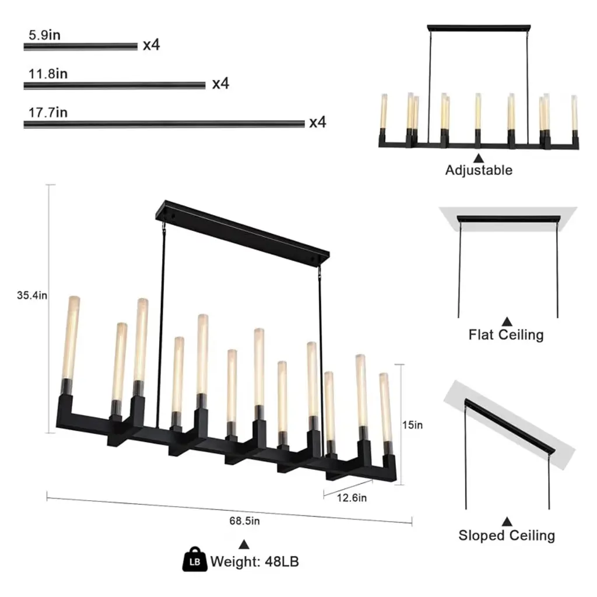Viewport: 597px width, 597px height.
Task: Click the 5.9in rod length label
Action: pyautogui.click(x=44, y=35)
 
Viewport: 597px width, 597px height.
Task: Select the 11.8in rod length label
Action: pyautogui.click(x=48, y=73)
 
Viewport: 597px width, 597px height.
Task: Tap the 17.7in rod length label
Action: pyautogui.click(x=48, y=113)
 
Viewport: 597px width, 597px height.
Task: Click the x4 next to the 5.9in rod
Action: pyautogui.click(x=151, y=45)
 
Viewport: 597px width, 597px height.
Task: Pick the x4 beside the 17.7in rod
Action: pyautogui.click(x=318, y=122)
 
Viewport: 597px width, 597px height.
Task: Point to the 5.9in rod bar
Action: pyautogui.click(x=80, y=47)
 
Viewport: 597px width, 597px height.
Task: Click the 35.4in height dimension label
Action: pyautogui.click(x=32, y=296)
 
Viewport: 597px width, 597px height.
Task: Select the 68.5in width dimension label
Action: pyautogui.click(x=244, y=521)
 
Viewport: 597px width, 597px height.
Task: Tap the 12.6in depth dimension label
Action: pyautogui.click(x=352, y=498)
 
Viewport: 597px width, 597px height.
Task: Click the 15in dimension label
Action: pyautogui.click(x=412, y=425)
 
